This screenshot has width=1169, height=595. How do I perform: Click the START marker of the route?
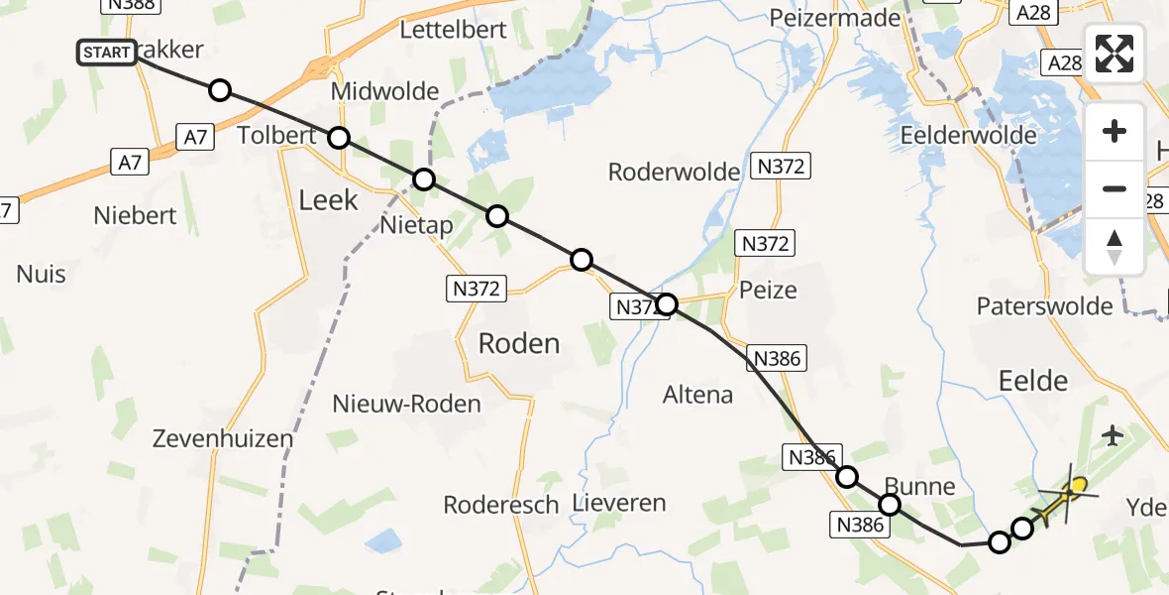[107, 52]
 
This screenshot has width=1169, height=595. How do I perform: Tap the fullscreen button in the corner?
[1115, 54]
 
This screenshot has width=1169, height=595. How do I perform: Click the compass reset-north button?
[1115, 246]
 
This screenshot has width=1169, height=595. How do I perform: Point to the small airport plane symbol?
[1113, 434]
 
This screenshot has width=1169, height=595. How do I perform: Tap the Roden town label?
[519, 344]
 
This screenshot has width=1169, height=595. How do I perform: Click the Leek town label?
[328, 200]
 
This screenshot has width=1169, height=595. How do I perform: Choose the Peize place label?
[768, 291]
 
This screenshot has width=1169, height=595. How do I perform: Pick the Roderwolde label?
[674, 173]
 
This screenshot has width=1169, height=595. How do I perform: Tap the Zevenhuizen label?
[223, 438]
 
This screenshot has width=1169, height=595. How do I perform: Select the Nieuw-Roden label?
[406, 405]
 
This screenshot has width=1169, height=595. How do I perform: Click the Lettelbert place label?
[453, 30]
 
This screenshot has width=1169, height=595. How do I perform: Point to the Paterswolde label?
[1044, 305]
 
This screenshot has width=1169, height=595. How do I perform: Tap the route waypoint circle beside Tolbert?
[339, 137]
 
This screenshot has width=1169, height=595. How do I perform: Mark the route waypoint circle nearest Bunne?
[890, 505]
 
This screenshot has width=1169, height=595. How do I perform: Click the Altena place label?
[698, 395]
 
